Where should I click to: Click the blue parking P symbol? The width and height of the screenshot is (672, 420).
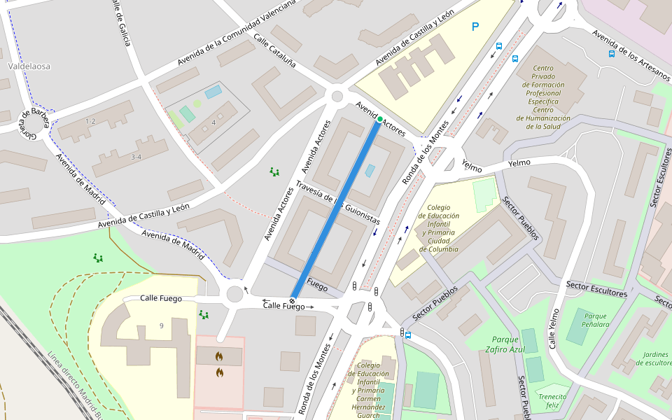[475, 27]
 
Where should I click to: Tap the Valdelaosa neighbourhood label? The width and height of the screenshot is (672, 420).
[29, 66]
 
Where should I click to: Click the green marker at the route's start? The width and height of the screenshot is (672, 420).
[379, 120]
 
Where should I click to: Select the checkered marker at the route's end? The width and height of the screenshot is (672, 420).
[293, 301]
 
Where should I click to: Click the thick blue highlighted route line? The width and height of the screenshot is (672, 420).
[336, 210]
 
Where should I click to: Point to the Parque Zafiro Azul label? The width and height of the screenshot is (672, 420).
[504, 344]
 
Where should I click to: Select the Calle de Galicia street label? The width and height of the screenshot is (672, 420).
[120, 22]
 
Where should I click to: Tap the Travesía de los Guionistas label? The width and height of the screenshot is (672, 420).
[337, 202]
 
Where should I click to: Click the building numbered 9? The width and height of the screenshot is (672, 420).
[161, 325]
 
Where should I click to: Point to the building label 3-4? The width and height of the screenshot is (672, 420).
[136, 157]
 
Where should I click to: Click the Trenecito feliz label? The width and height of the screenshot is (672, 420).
[552, 400]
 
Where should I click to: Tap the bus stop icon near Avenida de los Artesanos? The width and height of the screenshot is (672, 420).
[611, 53]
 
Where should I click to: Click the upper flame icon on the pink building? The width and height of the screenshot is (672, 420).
[219, 356]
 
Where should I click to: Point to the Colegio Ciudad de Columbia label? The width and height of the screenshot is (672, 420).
[438, 227]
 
